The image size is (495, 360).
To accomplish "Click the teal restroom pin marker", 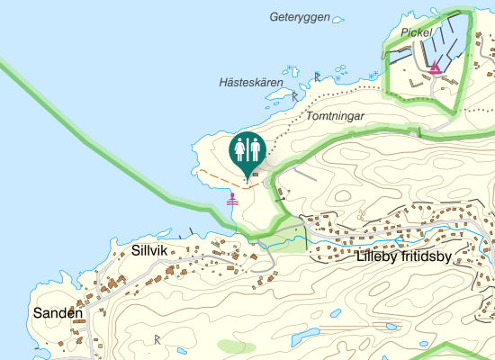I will pyautogui.click(x=248, y=149).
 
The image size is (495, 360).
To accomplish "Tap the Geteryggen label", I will pyautogui.click(x=300, y=16).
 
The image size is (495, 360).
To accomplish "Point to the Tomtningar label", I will pyautogui.click(x=335, y=117).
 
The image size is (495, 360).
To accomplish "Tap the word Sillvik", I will pyautogui.click(x=149, y=250).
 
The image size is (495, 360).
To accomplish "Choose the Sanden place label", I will pyautogui.click(x=57, y=313).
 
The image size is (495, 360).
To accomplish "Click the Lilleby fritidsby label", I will pyautogui.click(x=402, y=256).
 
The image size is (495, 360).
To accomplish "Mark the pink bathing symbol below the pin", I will pyautogui.click(x=232, y=200).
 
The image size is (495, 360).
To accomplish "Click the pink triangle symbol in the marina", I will pyautogui.click(x=435, y=67).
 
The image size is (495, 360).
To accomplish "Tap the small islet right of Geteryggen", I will pyautogui.click(x=337, y=18).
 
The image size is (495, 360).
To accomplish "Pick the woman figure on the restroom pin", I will pyautogui.click(x=241, y=148).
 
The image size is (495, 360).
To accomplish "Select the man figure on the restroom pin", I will pyautogui.click(x=256, y=148).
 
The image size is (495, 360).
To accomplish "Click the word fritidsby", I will pyautogui.click(x=424, y=256).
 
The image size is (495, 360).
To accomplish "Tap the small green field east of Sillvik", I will pyautogui.click(x=286, y=238).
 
